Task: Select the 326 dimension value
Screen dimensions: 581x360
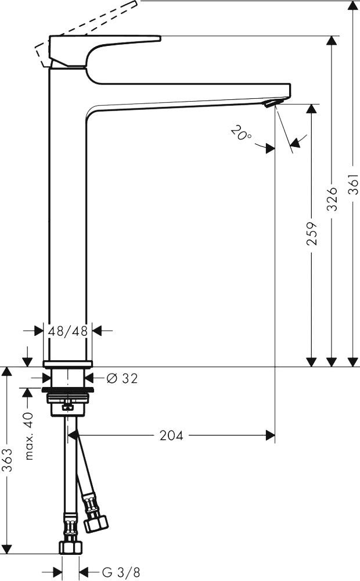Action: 332,199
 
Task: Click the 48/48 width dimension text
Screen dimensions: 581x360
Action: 68,331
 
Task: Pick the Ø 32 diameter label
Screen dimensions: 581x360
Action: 122,378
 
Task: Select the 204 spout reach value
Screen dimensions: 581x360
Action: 171,435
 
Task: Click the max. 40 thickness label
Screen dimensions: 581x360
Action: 29,436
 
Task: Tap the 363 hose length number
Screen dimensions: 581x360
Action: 6,462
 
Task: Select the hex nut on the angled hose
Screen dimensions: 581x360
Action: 96,522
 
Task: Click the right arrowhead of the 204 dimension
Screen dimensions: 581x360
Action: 271,435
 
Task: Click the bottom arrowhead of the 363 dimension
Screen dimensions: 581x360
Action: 6,549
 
